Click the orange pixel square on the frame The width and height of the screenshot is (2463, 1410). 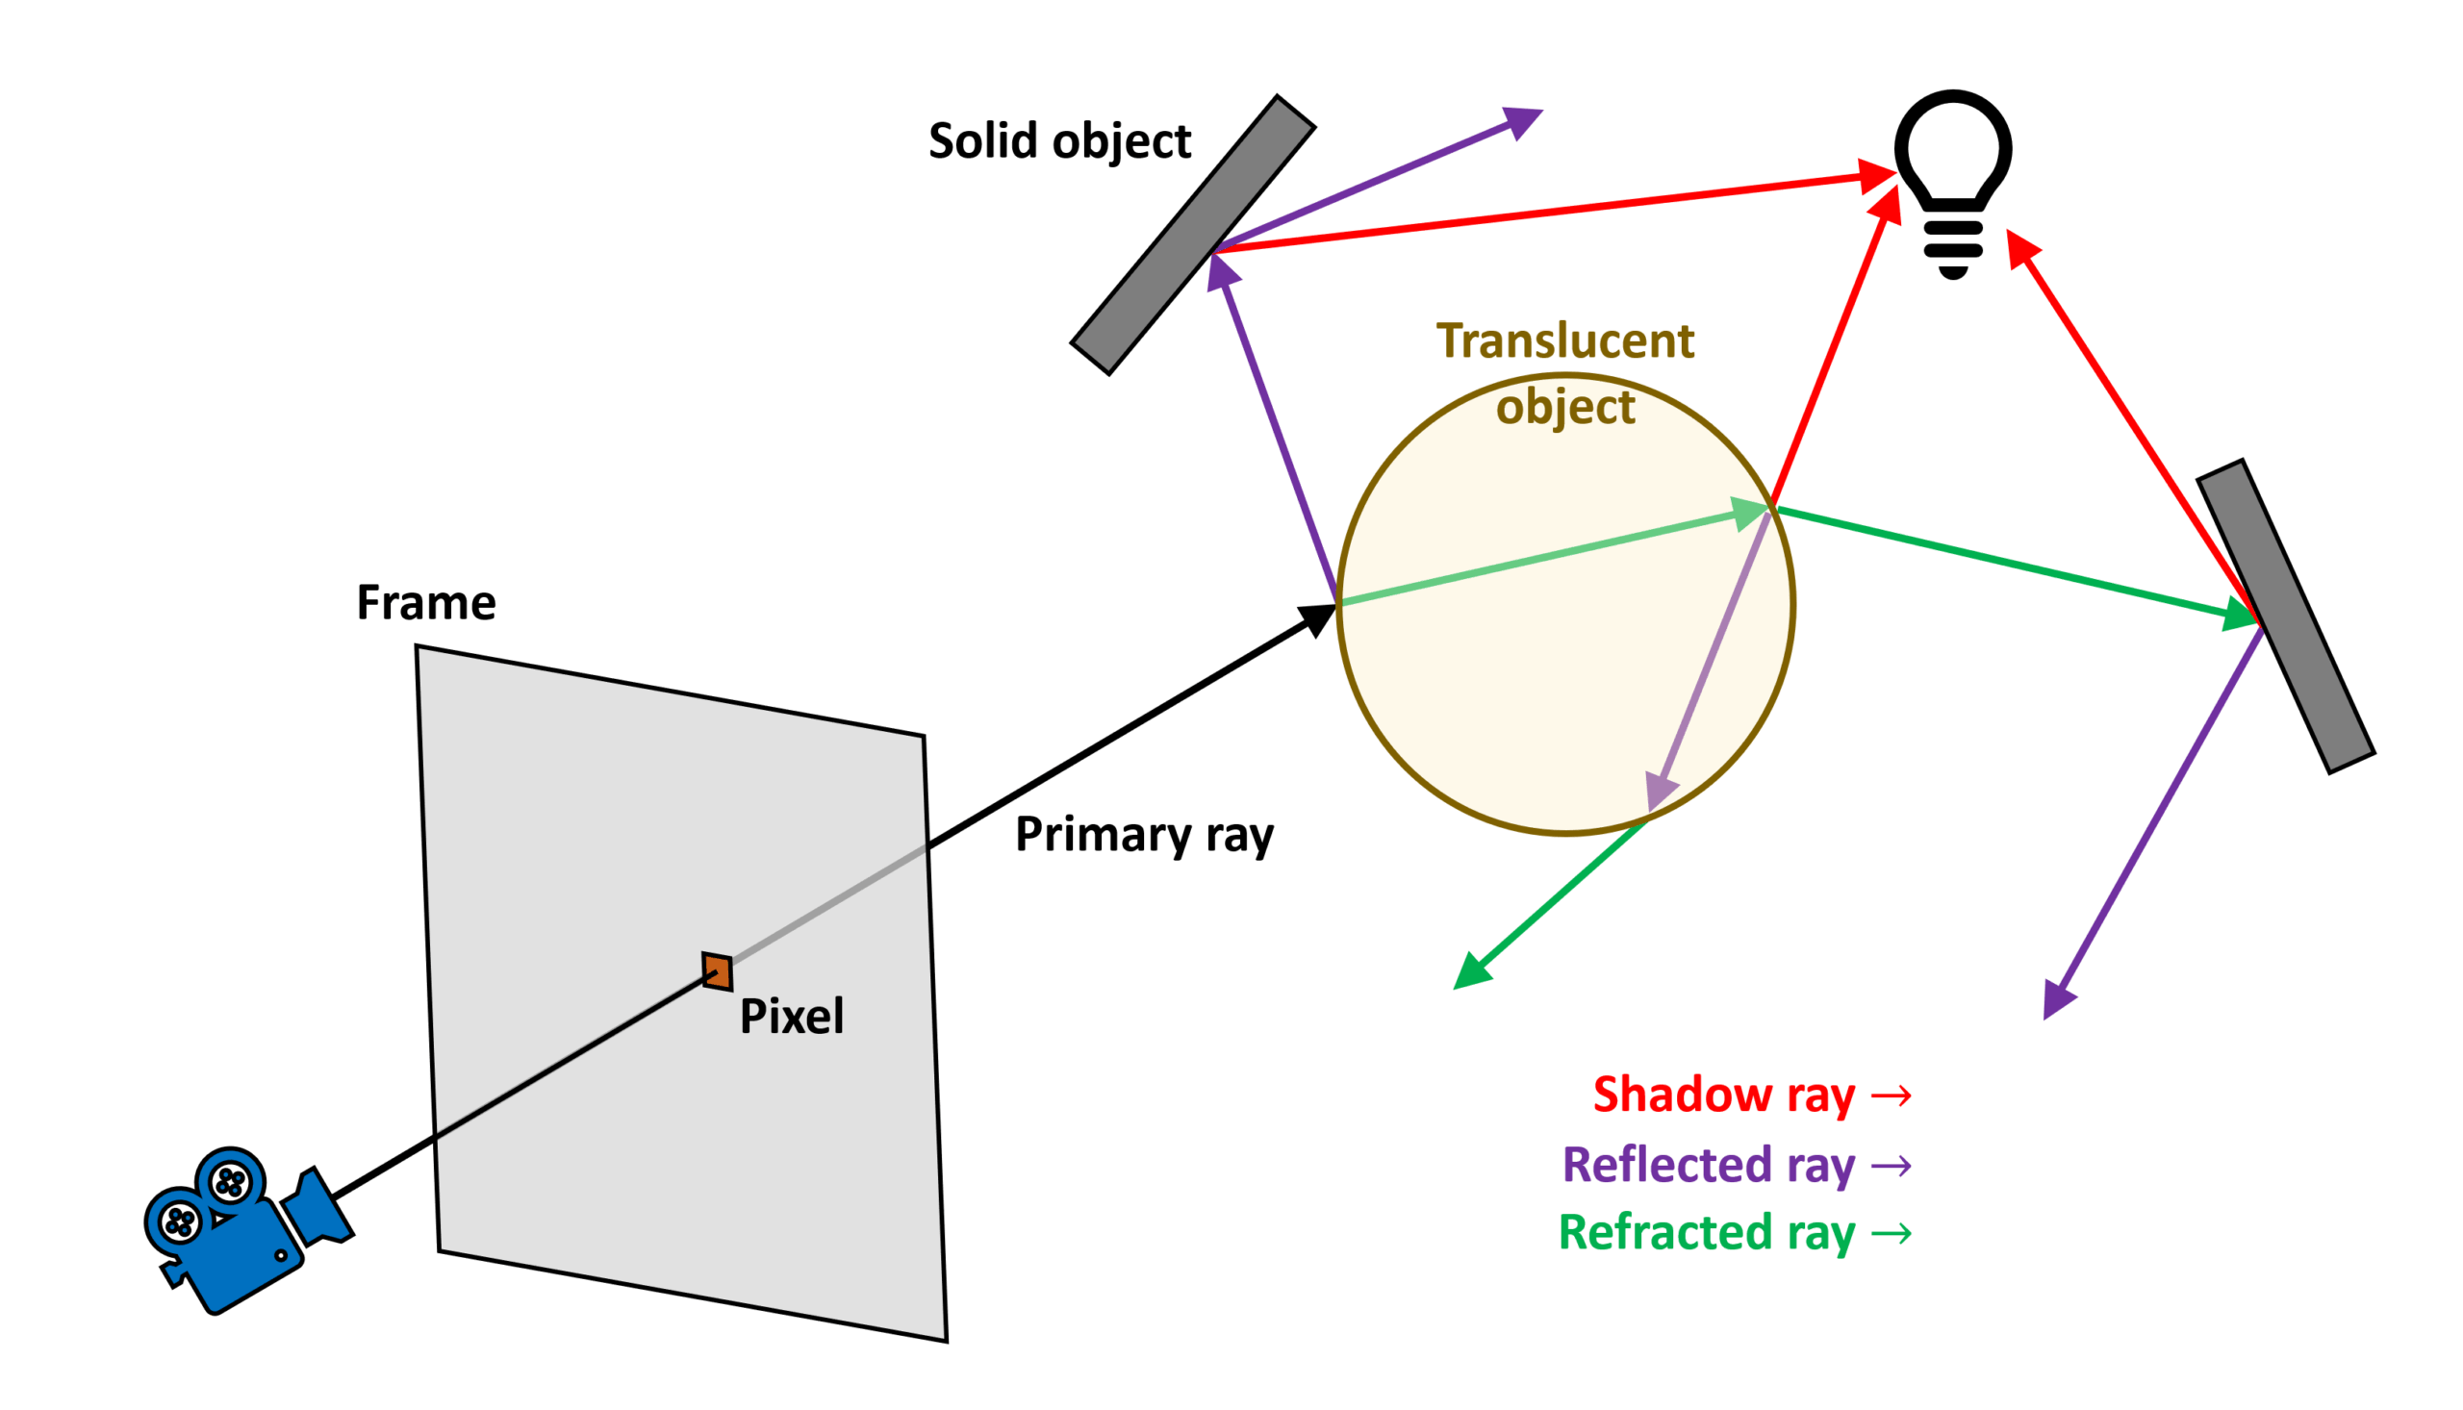coord(717,971)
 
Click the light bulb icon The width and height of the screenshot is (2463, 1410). coord(1952,179)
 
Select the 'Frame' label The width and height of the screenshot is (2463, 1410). coord(426,602)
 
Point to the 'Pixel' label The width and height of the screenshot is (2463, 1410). coord(791,1017)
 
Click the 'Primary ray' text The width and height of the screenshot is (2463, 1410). coord(1144,835)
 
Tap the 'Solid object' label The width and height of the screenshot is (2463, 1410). coord(1059,141)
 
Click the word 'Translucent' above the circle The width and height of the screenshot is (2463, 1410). coord(1565,340)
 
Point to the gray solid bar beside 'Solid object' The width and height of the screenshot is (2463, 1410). coord(1193,235)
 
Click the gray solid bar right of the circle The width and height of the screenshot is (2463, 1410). coord(2285,616)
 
